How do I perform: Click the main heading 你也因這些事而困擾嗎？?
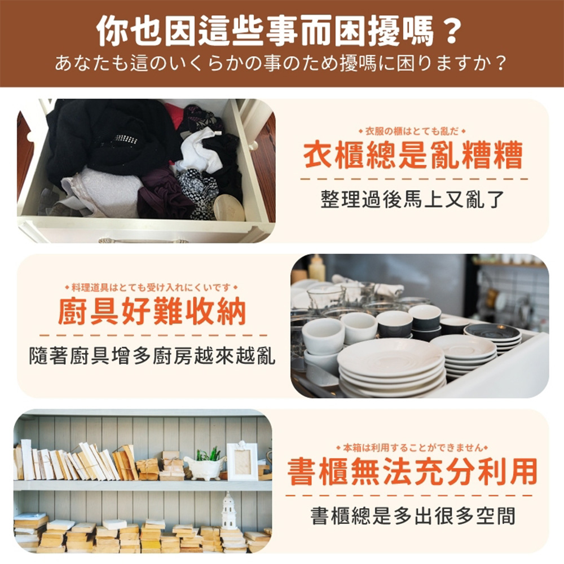pyautogui.click(x=279, y=30)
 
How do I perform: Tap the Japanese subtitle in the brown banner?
pyautogui.click(x=281, y=64)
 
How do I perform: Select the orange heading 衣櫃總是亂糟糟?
pyautogui.click(x=413, y=156)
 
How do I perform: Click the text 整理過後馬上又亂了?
pyautogui.click(x=413, y=200)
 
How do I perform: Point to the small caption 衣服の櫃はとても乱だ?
pyautogui.click(x=412, y=131)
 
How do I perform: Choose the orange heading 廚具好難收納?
pyautogui.click(x=152, y=311)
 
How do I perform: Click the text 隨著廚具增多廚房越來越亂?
pyautogui.click(x=152, y=356)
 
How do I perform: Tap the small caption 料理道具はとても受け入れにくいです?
pyautogui.click(x=151, y=288)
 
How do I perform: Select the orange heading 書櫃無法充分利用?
pyautogui.click(x=412, y=472)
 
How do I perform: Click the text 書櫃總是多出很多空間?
pyautogui.click(x=413, y=515)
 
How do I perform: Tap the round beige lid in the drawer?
pyautogui.click(x=229, y=208)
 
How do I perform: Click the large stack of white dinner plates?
pyautogui.click(x=391, y=368)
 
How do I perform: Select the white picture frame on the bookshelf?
pyautogui.click(x=242, y=461)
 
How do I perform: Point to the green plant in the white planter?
pyautogui.click(x=208, y=454)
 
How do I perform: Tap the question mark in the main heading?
pyautogui.click(x=452, y=31)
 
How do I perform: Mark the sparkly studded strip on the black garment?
pyautogui.click(x=125, y=139)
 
